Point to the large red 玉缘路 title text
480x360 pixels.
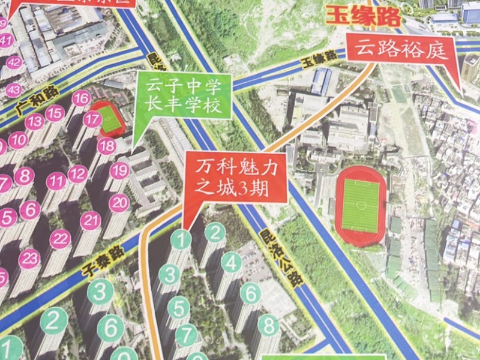(363, 16)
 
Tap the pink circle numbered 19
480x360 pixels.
(119, 170)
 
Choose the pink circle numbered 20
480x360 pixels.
(118, 202)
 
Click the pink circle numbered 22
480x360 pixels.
(60, 239)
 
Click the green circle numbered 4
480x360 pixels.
(232, 262)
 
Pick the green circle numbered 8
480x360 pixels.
(269, 327)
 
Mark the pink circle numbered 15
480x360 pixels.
(55, 113)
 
